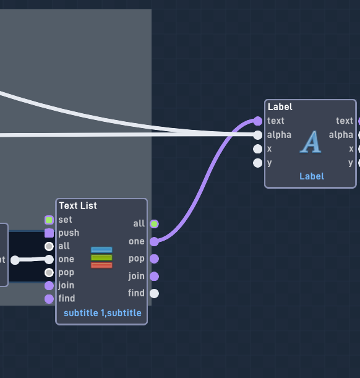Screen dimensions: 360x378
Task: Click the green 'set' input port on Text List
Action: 49,220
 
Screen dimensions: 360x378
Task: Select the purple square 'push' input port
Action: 49,233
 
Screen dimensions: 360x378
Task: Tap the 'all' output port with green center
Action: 154,224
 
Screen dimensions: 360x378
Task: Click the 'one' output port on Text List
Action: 154,241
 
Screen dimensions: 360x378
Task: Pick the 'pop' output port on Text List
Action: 154,259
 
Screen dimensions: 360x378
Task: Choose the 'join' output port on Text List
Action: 154,277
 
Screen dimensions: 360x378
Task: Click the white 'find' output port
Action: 154,294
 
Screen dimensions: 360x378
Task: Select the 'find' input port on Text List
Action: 49,299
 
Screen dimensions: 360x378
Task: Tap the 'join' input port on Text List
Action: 49,286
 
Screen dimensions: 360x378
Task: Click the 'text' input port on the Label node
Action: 257,121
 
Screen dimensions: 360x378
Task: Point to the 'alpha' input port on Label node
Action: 257,135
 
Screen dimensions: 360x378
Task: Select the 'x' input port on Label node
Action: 257,149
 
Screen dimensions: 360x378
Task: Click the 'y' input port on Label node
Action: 257,163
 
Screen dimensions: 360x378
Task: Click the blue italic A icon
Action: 311,142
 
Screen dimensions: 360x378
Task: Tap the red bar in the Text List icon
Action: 101,265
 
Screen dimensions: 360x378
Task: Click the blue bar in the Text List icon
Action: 101,250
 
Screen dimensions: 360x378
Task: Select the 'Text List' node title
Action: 78,205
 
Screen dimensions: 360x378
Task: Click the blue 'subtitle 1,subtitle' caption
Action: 103,313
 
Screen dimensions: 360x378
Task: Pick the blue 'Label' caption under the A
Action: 312,176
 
